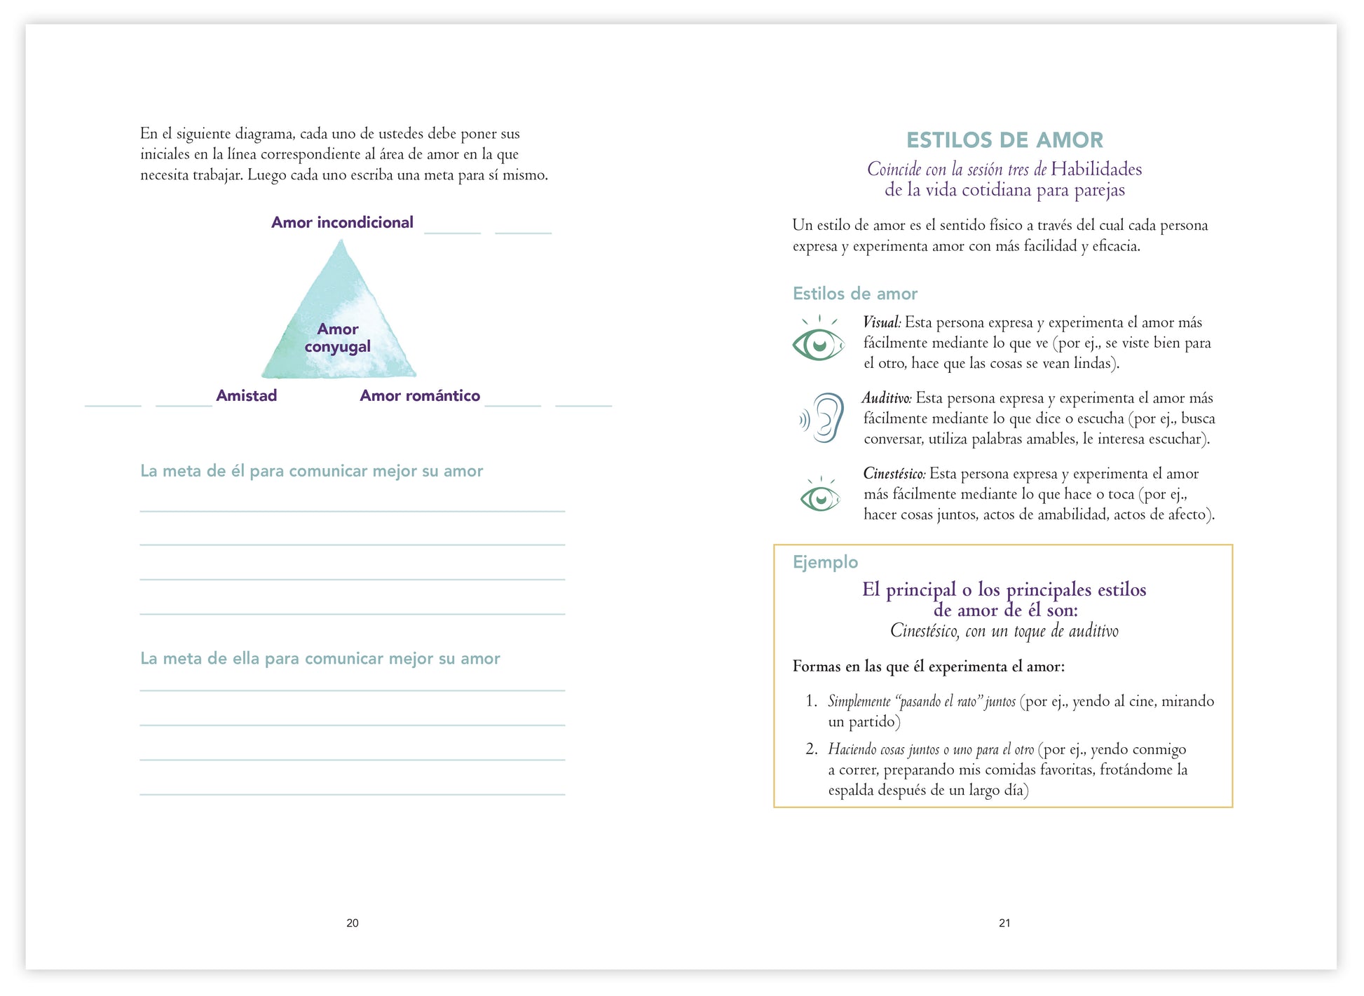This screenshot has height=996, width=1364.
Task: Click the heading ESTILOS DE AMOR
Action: (1004, 140)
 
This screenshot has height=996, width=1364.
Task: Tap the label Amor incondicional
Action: (342, 222)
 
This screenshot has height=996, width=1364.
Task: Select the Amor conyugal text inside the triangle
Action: (338, 338)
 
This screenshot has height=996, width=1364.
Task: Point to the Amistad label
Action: (246, 395)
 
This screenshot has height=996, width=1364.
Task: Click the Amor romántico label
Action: (420, 395)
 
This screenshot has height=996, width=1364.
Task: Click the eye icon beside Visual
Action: (818, 341)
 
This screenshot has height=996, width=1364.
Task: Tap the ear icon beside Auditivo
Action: (823, 418)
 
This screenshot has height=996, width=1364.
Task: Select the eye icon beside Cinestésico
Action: (819, 496)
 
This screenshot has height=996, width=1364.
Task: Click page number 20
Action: (353, 923)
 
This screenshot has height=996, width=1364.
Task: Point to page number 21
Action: (1004, 923)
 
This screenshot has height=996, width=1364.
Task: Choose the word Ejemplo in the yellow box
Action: (825, 562)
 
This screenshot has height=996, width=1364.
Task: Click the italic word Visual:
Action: (882, 322)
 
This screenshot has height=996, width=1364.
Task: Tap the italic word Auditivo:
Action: (887, 398)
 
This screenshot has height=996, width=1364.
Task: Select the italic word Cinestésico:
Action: (894, 474)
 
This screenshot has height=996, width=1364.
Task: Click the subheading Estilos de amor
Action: (854, 294)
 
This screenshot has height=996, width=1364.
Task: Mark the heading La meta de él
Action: (311, 471)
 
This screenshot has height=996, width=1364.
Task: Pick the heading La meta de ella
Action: (320, 659)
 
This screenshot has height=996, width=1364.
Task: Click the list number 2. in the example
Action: (812, 749)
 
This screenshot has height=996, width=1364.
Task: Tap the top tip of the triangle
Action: (341, 241)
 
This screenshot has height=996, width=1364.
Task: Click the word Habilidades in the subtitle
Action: (1096, 169)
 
